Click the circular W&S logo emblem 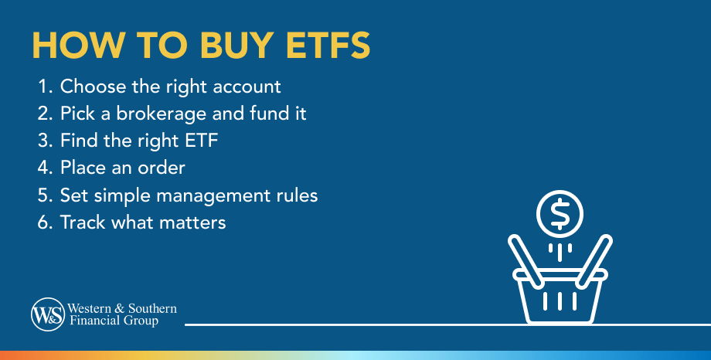click(46, 314)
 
